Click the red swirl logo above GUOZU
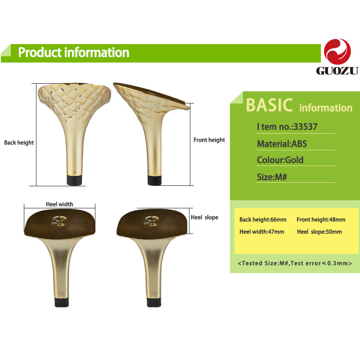point(337,52)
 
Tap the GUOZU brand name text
point(337,71)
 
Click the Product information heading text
point(74,53)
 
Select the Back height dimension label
point(19,143)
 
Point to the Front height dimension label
point(209,140)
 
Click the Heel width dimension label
point(59,204)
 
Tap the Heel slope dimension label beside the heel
point(205,217)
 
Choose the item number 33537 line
point(287,126)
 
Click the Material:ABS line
point(282,144)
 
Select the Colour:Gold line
point(280,160)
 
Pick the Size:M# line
point(272,177)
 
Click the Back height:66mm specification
point(263,220)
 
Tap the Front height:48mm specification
point(321,220)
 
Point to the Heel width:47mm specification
point(262,232)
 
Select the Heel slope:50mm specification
point(319,232)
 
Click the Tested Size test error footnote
point(295,263)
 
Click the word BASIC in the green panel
point(269,105)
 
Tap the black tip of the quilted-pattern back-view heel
point(74,180)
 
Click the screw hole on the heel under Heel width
point(60,219)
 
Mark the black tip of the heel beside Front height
point(154,180)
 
